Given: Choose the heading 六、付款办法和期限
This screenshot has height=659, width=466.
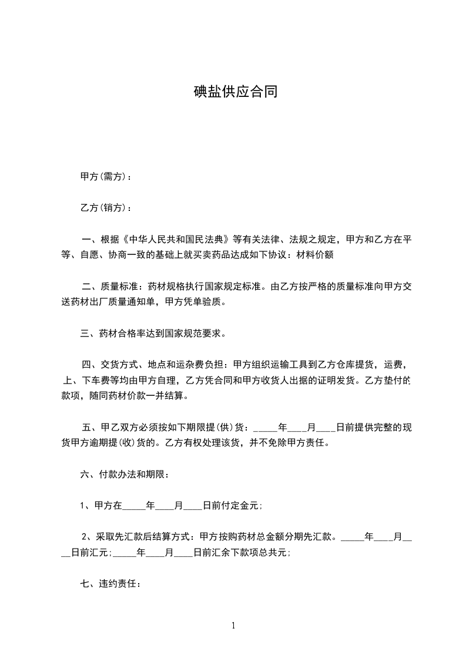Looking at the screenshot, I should pyautogui.click(x=125, y=475).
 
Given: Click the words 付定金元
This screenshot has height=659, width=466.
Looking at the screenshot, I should pyautogui.click(x=242, y=505).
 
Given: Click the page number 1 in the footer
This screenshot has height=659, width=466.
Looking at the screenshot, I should pyautogui.click(x=233, y=626).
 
